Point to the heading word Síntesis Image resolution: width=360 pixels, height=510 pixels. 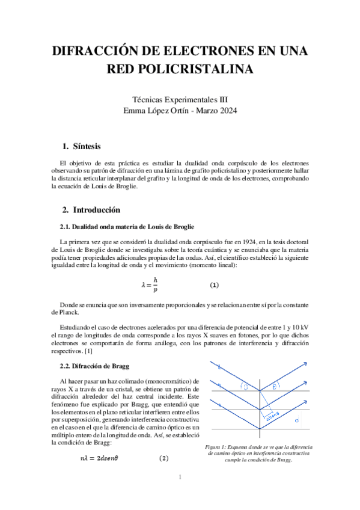click(x=87, y=147)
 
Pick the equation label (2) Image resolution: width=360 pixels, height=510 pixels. click(x=163, y=458)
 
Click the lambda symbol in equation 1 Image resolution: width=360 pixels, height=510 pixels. click(x=144, y=285)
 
